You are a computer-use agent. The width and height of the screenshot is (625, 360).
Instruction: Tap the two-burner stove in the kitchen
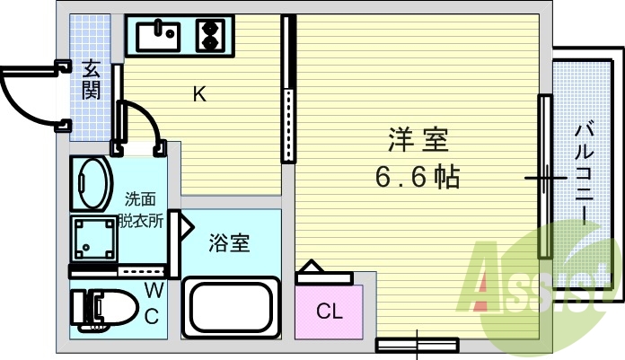(210, 37)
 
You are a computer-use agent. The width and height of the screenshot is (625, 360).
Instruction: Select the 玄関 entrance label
(92, 79)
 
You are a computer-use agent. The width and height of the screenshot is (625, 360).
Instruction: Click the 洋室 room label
(418, 141)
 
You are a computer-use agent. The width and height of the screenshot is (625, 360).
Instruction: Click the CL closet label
(330, 312)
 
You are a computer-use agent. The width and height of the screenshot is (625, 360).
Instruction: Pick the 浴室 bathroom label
(229, 241)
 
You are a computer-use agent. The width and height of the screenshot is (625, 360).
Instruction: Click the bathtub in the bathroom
(229, 305)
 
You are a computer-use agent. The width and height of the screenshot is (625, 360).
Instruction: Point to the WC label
(153, 303)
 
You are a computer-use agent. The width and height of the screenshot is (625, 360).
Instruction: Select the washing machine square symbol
(94, 240)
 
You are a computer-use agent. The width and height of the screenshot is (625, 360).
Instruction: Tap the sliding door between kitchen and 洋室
(288, 90)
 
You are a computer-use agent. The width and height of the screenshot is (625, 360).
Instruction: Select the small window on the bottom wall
(417, 344)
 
